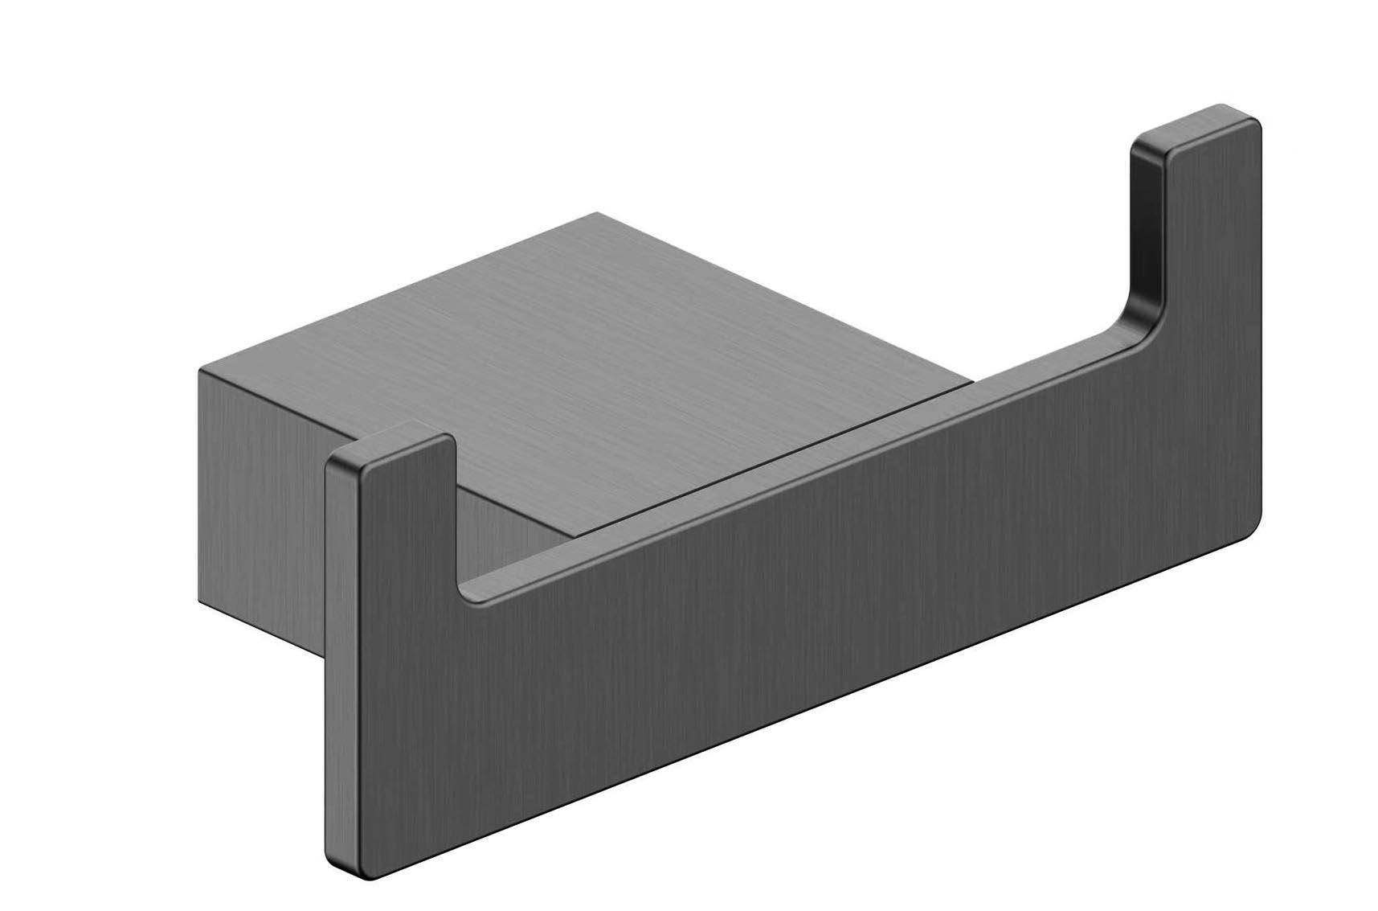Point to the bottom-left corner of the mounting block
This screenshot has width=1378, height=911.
coord(199,601)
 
